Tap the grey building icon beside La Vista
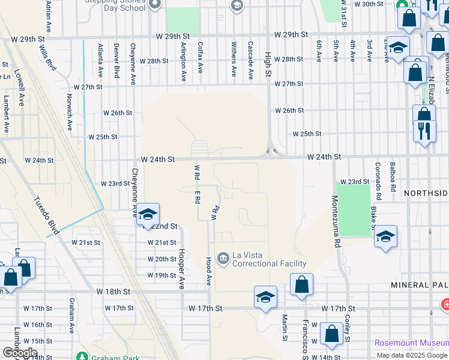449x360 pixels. pyautogui.click(x=223, y=259)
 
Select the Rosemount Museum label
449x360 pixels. pyautogui.click(x=411, y=343)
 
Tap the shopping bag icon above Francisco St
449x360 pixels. pyautogui.click(x=301, y=285)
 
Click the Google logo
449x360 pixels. pyautogui.click(x=20, y=353)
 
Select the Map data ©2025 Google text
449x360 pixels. pyautogui.click(x=412, y=355)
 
